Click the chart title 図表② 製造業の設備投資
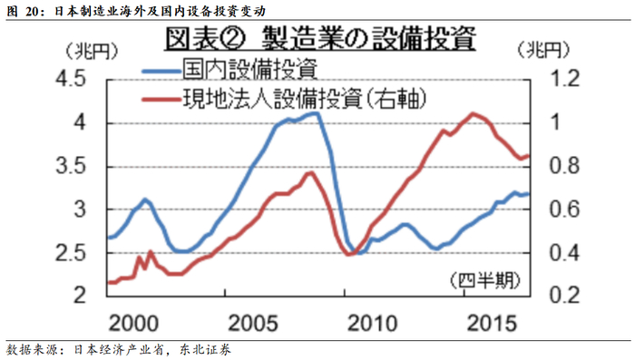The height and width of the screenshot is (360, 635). (320, 39)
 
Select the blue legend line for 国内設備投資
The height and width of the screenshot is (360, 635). (161, 72)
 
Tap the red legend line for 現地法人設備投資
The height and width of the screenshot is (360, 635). (161, 99)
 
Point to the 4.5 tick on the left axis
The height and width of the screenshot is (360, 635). (71, 79)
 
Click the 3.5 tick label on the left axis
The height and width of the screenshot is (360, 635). (71, 166)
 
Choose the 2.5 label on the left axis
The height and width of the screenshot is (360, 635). (71, 254)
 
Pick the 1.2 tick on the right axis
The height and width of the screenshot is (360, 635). (564, 78)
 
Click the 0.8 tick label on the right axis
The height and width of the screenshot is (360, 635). (564, 166)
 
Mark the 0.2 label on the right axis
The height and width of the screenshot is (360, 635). (564, 296)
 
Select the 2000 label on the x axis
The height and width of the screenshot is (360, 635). (133, 323)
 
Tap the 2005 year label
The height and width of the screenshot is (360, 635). (253, 323)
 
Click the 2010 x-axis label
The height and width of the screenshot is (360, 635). (373, 323)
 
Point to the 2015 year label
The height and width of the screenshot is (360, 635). (492, 323)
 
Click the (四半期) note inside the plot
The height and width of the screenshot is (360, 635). (485, 280)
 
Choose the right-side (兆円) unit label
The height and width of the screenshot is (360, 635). (543, 50)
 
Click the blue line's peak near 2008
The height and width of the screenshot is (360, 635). (317, 113)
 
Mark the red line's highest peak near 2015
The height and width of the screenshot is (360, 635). (473, 113)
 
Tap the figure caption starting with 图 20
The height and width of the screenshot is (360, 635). (136, 11)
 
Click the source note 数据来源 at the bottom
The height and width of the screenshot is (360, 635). (118, 350)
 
